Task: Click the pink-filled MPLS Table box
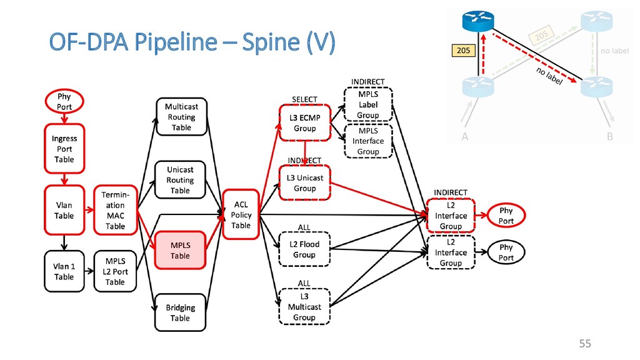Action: coord(180,250)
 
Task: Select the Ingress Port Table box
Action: coord(64,149)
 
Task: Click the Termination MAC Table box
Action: coord(115,210)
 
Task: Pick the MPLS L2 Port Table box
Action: coord(115,272)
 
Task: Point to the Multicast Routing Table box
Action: coord(181,117)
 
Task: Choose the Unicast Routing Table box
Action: coord(180,180)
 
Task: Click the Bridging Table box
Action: coord(180,312)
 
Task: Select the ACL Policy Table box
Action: coord(241,214)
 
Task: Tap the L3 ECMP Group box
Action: coord(304,123)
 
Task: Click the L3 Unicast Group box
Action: coord(304,182)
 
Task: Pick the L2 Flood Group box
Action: coord(304,249)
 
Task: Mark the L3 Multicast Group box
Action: coord(304,307)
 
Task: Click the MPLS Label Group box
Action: coord(367,104)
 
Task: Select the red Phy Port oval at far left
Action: coord(64,102)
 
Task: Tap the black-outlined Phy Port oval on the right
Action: coord(506,252)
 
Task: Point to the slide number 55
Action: coord(584,343)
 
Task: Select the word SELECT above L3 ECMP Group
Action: coord(304,99)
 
